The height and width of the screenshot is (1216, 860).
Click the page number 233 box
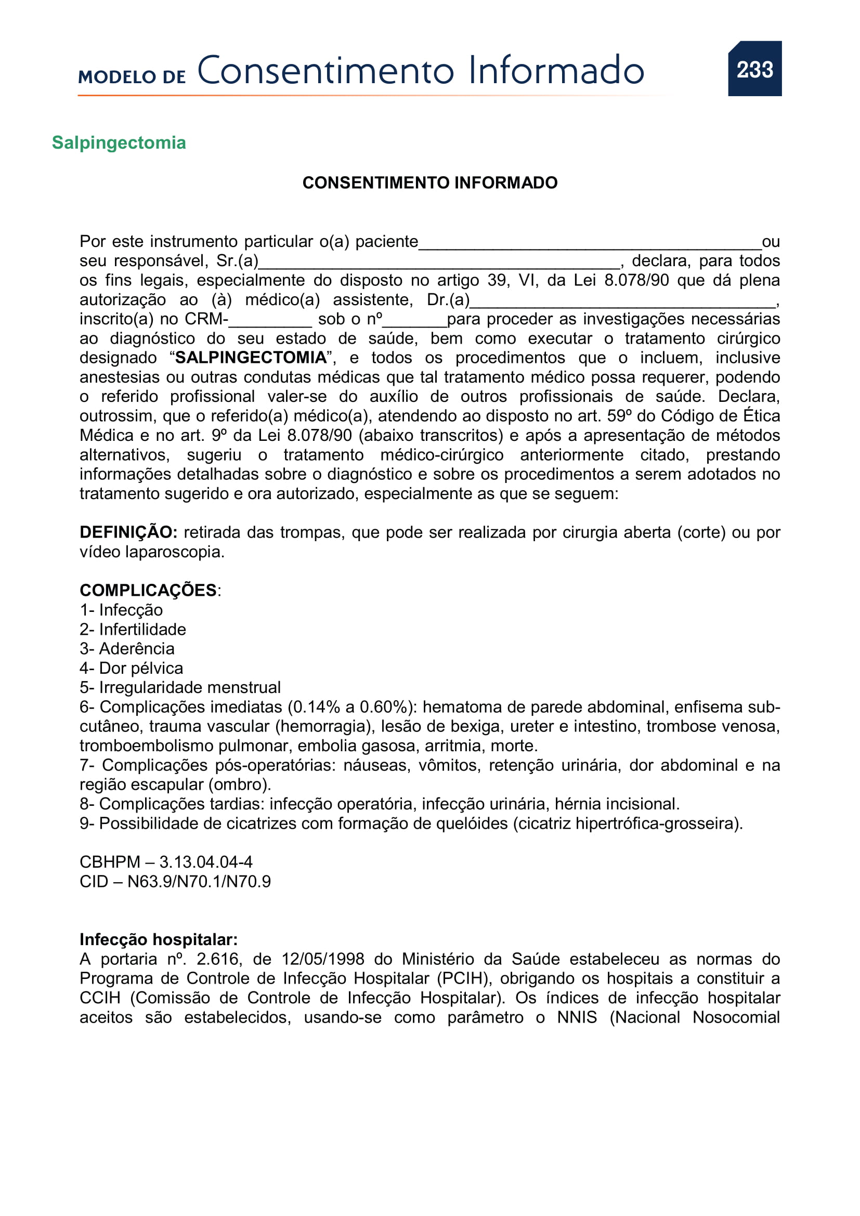coord(754,69)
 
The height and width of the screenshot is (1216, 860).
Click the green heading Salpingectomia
coord(119,142)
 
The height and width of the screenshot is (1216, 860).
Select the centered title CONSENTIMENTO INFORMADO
coord(429,182)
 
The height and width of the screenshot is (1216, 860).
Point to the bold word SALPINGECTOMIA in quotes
coord(251,358)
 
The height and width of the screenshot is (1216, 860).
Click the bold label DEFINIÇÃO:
coord(128,532)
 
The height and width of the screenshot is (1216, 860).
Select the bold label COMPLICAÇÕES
coord(148,591)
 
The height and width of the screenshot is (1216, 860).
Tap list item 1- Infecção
coord(121,610)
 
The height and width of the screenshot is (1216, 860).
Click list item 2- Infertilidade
coord(133,630)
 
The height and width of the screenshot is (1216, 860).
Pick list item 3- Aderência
coord(127,649)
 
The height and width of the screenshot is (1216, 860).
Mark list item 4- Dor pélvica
coord(132,669)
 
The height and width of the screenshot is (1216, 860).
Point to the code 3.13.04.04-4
coord(206,862)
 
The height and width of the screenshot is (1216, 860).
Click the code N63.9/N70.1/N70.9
coord(199,882)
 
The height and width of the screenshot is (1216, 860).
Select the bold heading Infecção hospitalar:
coord(159,939)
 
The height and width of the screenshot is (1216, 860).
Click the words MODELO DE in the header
coord(132,77)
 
